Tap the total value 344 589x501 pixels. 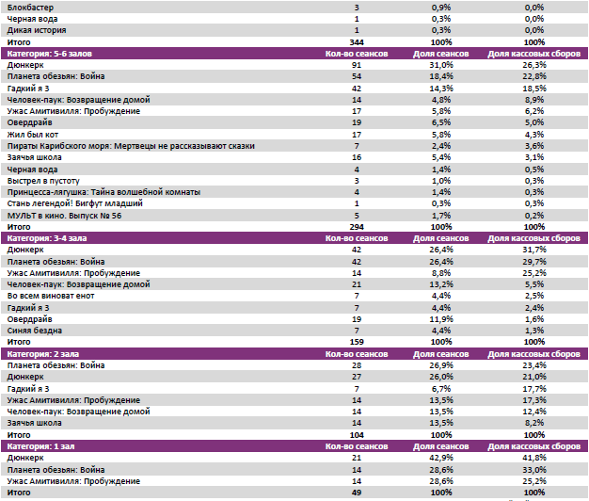[357, 42]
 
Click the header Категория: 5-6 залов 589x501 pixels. [49, 54]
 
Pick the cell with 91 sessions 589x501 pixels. [357, 65]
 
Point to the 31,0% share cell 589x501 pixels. [440, 65]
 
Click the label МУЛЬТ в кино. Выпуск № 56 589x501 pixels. [63, 215]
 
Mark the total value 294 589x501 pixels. [357, 227]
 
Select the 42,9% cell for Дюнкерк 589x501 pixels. [440, 458]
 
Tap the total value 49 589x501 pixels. [357, 492]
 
